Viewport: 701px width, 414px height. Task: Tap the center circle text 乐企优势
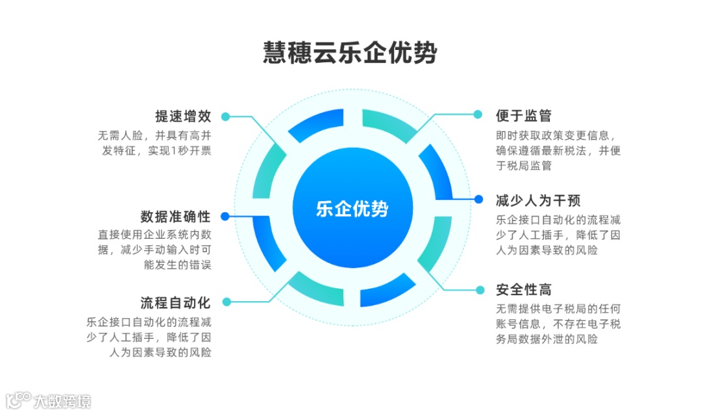tap(352, 209)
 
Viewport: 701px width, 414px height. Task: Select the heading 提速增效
tap(183, 117)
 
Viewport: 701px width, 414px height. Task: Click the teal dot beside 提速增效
tap(225, 117)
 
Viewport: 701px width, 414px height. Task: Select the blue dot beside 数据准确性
tap(225, 216)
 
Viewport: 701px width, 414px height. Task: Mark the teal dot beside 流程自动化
tap(225, 302)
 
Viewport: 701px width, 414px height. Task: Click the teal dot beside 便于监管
tap(478, 115)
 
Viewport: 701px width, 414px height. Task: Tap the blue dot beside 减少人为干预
tap(478, 199)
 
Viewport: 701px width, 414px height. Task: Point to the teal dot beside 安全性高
tap(478, 289)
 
